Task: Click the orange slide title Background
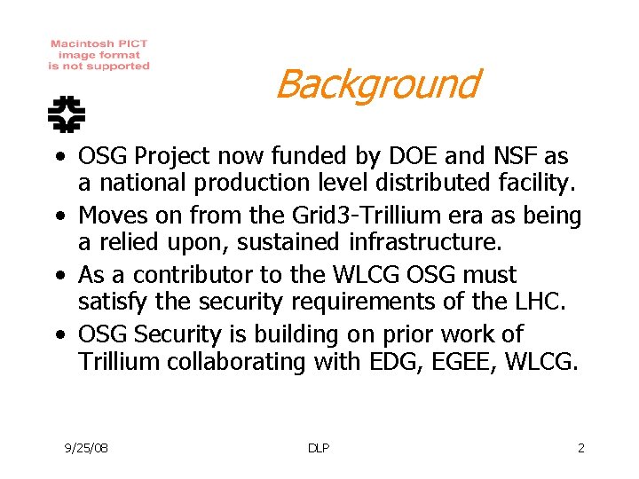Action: (x=377, y=84)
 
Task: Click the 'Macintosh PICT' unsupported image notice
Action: (x=99, y=54)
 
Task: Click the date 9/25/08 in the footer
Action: (x=87, y=448)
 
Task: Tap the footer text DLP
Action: (x=319, y=448)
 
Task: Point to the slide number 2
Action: (x=581, y=448)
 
